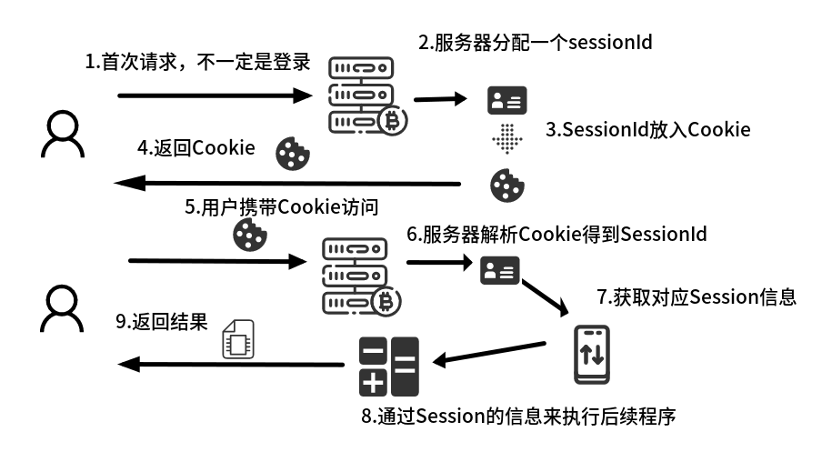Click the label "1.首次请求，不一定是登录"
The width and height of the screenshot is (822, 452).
click(x=198, y=63)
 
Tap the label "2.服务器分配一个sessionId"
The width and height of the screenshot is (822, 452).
click(x=535, y=42)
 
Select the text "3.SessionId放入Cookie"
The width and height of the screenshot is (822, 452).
click(x=647, y=129)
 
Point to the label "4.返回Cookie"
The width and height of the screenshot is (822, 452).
click(x=195, y=148)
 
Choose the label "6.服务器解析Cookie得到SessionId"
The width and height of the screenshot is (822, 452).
click(x=556, y=234)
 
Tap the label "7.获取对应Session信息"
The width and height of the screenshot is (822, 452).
click(x=696, y=296)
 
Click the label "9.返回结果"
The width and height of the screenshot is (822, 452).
click(x=163, y=323)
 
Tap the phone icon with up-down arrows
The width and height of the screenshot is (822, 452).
click(x=592, y=355)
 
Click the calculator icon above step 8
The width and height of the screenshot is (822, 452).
click(x=388, y=366)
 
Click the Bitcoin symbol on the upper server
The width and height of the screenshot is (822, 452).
click(x=395, y=120)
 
